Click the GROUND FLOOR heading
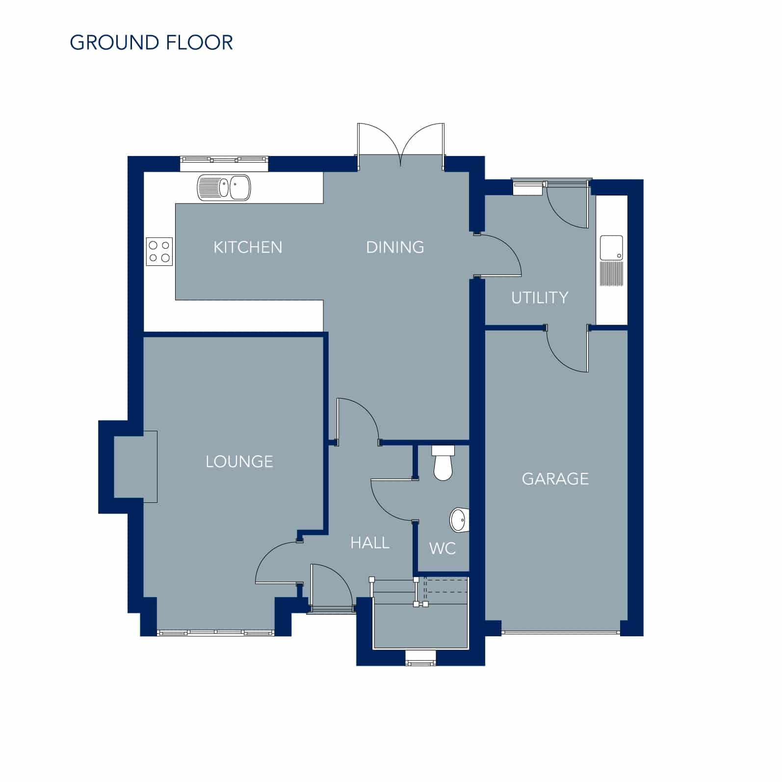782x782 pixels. (152, 43)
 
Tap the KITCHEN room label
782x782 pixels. (248, 247)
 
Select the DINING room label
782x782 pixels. (395, 247)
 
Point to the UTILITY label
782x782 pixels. (540, 298)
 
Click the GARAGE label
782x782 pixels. (555, 479)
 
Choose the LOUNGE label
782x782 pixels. (239, 462)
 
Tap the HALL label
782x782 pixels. (370, 543)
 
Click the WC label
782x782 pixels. (443, 548)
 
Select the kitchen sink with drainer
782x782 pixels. (224, 188)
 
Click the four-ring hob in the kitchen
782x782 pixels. (159, 252)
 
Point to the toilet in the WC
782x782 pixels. (443, 463)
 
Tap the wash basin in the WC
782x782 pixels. (460, 520)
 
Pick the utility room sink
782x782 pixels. (611, 261)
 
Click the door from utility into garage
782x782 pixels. (567, 349)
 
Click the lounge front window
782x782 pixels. (216, 633)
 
